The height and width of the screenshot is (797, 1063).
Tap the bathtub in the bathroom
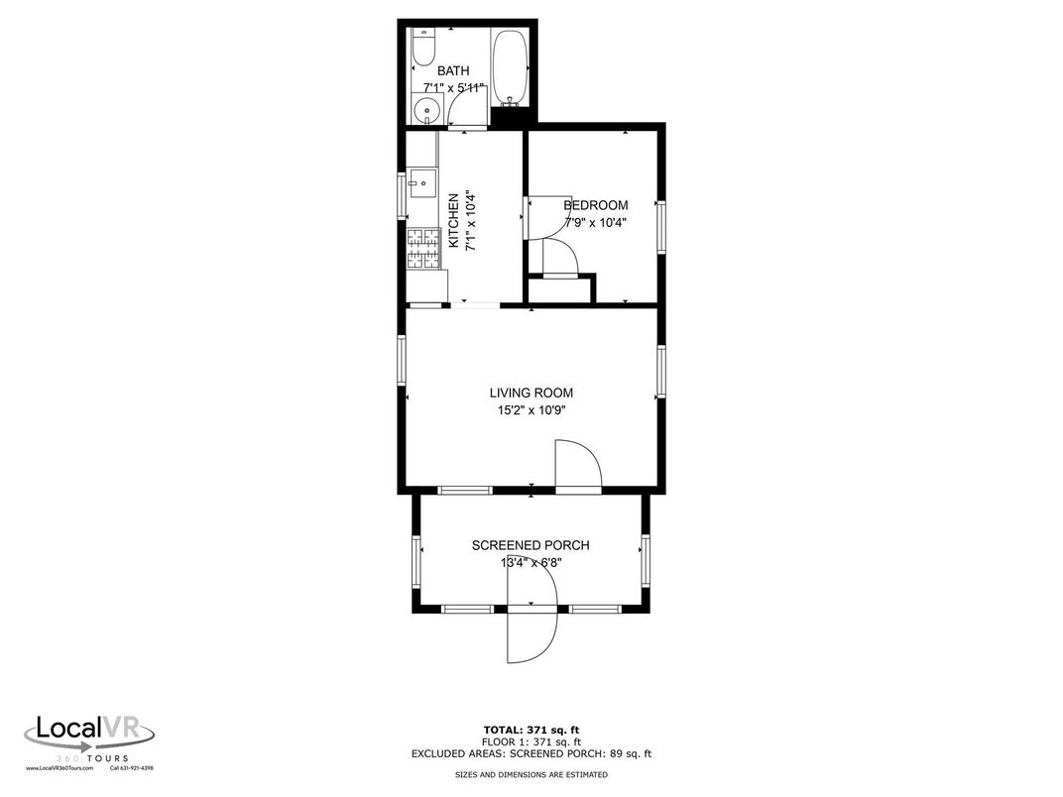pyautogui.click(x=512, y=67)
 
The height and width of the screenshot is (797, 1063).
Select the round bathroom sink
pyautogui.click(x=428, y=110)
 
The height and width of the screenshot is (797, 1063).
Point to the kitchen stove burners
pyautogui.click(x=423, y=249)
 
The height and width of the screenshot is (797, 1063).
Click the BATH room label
pyautogui.click(x=453, y=71)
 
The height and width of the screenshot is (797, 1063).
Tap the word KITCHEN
pyautogui.click(x=453, y=219)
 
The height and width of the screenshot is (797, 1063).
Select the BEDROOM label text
pyautogui.click(x=595, y=205)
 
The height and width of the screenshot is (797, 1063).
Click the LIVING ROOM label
pyautogui.click(x=531, y=393)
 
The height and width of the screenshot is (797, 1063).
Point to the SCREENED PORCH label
pyautogui.click(x=531, y=545)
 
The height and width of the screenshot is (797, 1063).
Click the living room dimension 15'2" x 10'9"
pyautogui.click(x=531, y=410)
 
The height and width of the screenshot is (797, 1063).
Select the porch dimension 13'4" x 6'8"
pyautogui.click(x=531, y=563)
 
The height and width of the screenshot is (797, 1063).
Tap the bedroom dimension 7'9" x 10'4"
pyautogui.click(x=595, y=223)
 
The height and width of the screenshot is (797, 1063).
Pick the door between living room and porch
pyautogui.click(x=578, y=466)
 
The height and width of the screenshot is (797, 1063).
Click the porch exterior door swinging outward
pyautogui.click(x=531, y=635)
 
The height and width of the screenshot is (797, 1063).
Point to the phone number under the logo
pyautogui.click(x=131, y=768)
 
